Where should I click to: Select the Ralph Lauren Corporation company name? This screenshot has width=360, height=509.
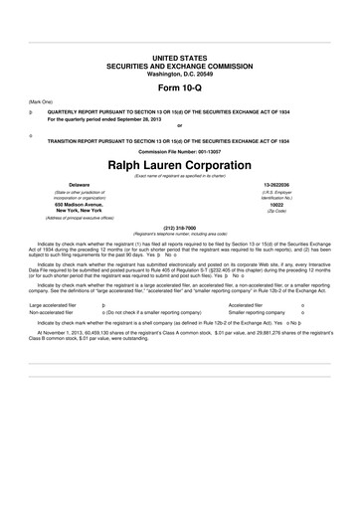point(179,163)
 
